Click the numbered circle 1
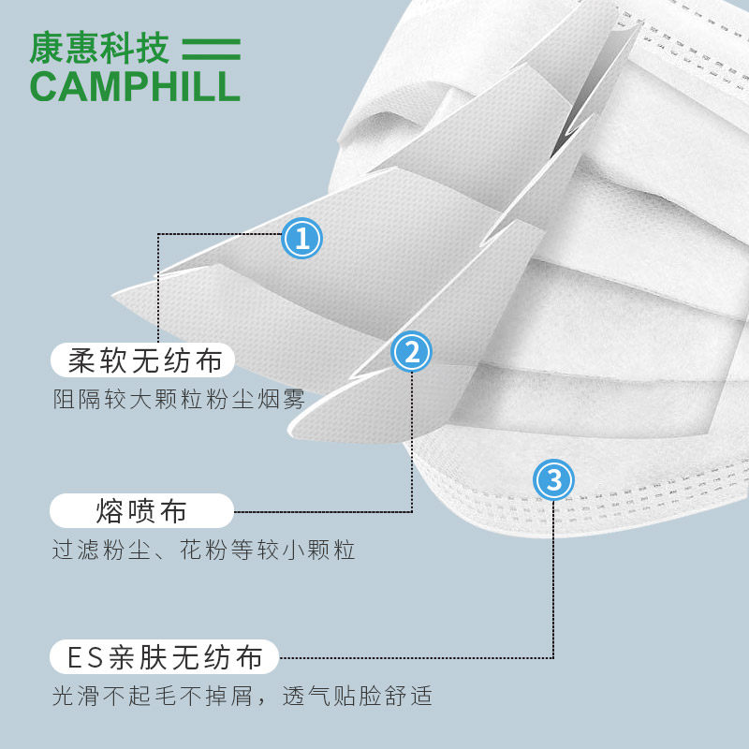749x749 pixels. click(x=301, y=239)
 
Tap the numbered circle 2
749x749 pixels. click(x=411, y=353)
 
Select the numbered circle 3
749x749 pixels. click(x=553, y=481)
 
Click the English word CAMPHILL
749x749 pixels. click(x=135, y=84)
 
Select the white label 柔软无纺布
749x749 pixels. click(x=144, y=359)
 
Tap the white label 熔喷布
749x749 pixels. click(x=140, y=511)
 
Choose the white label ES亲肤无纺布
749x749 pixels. click(x=165, y=657)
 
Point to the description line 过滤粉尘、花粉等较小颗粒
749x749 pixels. click(x=203, y=550)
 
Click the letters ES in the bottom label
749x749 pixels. click(x=83, y=657)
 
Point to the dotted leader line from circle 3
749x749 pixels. click(x=553, y=580)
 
